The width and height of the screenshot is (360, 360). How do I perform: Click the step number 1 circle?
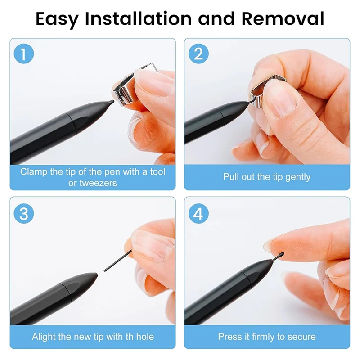24,54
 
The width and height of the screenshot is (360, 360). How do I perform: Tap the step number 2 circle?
198,54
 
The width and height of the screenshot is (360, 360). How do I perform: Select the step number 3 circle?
24,213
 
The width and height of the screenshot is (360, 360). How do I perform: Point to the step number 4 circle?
198,213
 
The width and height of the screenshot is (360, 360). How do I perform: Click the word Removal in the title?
283,19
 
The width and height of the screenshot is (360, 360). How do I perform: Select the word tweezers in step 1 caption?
98,183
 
